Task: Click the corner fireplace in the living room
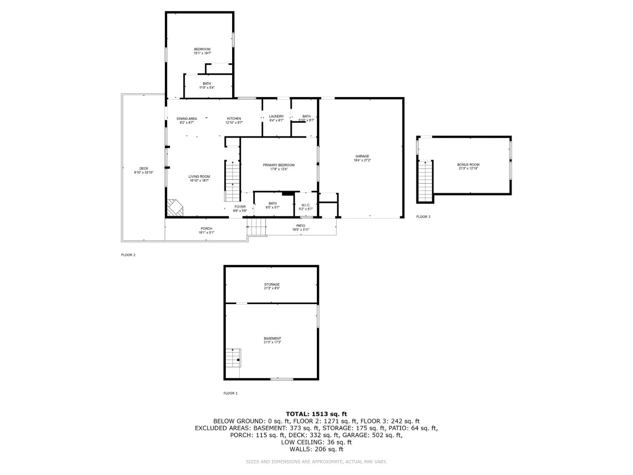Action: coord(175,208)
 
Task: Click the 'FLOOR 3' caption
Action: coord(423,217)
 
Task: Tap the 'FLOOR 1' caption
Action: coord(230,393)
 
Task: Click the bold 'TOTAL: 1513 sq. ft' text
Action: coord(316,414)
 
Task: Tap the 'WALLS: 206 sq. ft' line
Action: coord(316,449)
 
